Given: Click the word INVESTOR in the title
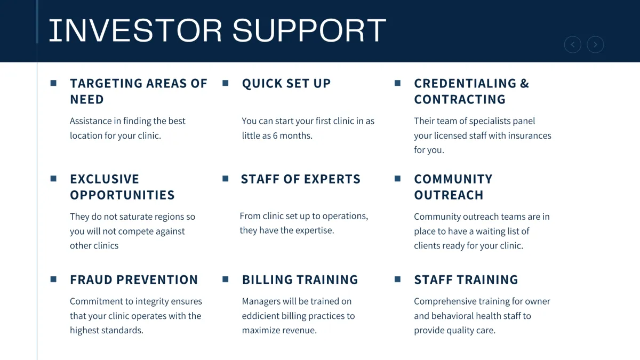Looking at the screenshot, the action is click(x=135, y=30).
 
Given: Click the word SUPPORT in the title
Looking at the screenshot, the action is click(x=309, y=30).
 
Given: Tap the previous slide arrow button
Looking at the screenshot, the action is click(x=573, y=45).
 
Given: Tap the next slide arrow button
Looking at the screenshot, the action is click(x=595, y=45).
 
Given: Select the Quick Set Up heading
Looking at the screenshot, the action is click(x=286, y=83).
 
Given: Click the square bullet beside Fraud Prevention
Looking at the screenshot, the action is click(x=53, y=279).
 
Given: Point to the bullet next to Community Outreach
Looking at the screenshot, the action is click(x=397, y=179).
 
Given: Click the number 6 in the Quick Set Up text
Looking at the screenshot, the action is click(x=275, y=135).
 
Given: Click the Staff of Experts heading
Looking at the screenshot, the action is click(x=301, y=179).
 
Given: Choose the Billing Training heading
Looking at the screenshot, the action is click(x=300, y=279).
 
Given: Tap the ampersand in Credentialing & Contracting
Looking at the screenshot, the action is click(x=525, y=83).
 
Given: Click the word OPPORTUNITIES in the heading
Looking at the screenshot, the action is click(x=122, y=195).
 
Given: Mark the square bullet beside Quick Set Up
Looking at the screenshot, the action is click(x=226, y=83).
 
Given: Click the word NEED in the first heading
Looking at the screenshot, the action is click(x=87, y=99).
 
